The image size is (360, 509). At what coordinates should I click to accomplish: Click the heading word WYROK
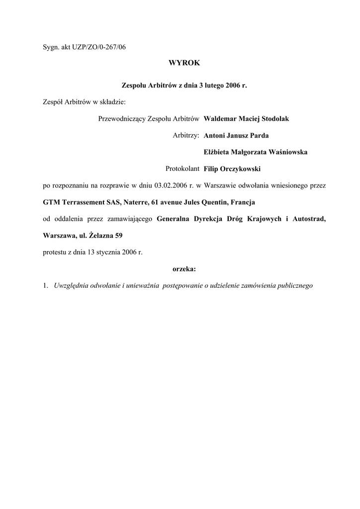click(184, 63)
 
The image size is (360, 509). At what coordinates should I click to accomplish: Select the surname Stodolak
click(272, 119)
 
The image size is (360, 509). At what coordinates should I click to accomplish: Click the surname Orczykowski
click(240, 169)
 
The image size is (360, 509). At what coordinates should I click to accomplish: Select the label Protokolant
click(182, 169)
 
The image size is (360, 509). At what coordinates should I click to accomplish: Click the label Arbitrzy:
click(186, 135)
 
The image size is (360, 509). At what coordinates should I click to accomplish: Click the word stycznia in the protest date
click(102, 252)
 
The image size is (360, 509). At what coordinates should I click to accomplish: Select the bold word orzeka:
click(184, 269)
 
